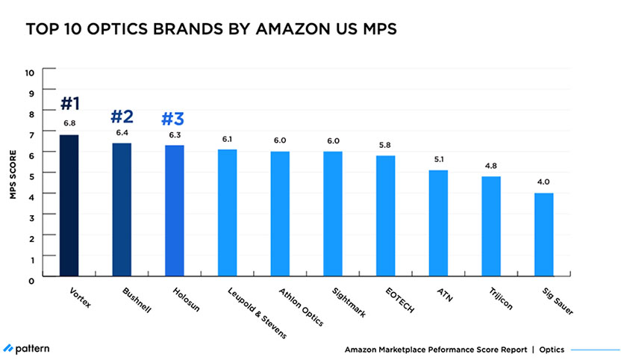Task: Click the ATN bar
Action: pyautogui.click(x=439, y=223)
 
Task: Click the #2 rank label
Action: pyautogui.click(x=122, y=117)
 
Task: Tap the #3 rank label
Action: pyautogui.click(x=174, y=120)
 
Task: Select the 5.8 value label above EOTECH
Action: pyautogui.click(x=386, y=146)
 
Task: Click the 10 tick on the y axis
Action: pyautogui.click(x=30, y=72)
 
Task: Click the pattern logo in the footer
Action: pyautogui.click(x=28, y=349)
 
